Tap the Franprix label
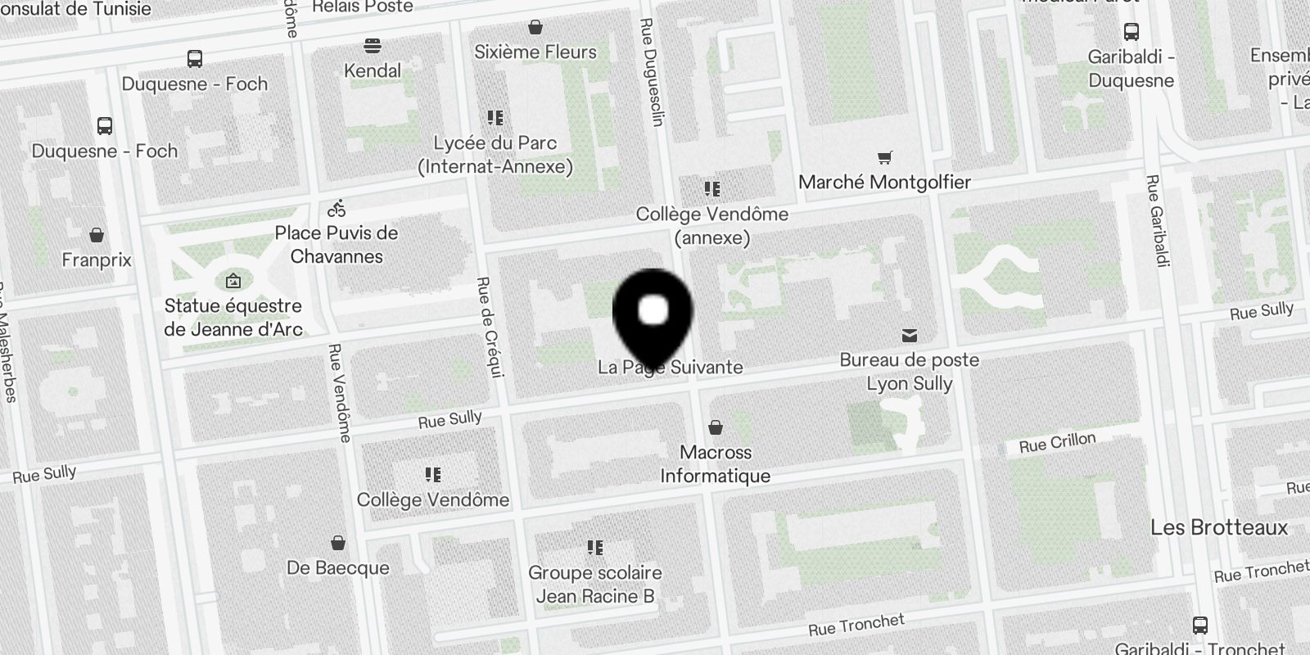tap(97, 260)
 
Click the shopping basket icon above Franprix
tap(97, 236)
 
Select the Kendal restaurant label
tap(373, 71)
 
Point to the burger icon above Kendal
tap(373, 44)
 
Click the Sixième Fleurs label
tap(535, 52)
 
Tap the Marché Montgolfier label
tap(884, 183)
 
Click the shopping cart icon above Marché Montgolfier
tap(884, 157)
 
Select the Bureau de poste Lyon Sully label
tap(909, 372)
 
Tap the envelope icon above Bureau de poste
tap(909, 336)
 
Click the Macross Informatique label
tap(716, 464)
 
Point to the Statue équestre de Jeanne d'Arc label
tap(233, 318)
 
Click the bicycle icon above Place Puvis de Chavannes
tap(337, 208)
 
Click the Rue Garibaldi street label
tap(1157, 220)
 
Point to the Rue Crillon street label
tap(1057, 444)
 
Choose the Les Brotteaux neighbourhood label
tap(1219, 527)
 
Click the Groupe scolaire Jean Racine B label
tap(595, 585)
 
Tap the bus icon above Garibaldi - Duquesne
tap(1132, 32)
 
